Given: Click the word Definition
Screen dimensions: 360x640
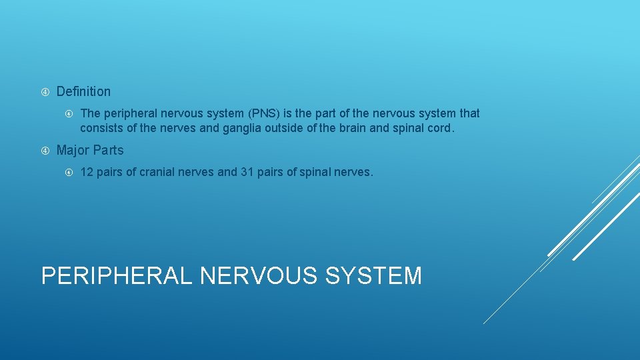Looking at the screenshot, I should click(x=83, y=91).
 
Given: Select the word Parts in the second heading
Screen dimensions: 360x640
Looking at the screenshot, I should click(x=108, y=150).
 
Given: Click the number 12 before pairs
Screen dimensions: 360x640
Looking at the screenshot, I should click(x=87, y=172).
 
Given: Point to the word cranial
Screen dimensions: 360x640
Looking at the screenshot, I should click(x=159, y=172).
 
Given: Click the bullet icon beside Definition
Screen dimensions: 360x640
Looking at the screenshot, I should click(x=45, y=92).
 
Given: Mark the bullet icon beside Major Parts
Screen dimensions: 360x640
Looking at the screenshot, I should click(x=45, y=151).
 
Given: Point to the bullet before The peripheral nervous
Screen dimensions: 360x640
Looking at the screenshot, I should click(x=69, y=114).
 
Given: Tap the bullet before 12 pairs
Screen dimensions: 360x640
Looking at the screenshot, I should click(x=69, y=173).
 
